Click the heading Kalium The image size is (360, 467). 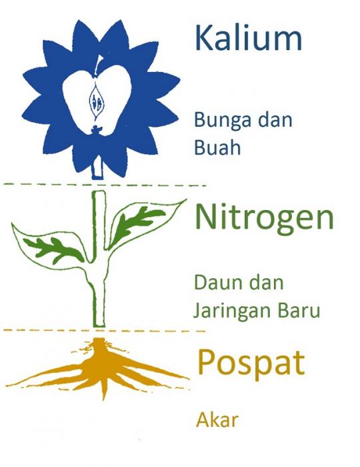pyautogui.click(x=249, y=38)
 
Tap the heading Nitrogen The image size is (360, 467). pyautogui.click(x=265, y=217)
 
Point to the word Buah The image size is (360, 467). pyautogui.click(x=217, y=147)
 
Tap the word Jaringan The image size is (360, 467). pyautogui.click(x=233, y=312)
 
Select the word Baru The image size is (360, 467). pyautogui.click(x=299, y=310)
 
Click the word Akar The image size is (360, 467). pyautogui.click(x=217, y=420)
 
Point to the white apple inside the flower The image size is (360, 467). pyautogui.click(x=97, y=101)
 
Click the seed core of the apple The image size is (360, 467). pyautogui.click(x=96, y=101)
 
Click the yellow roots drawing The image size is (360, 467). pyautogui.click(x=98, y=369)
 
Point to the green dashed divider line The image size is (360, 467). pyautogui.click(x=105, y=185)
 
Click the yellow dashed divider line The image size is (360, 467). pyautogui.click(x=104, y=330)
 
